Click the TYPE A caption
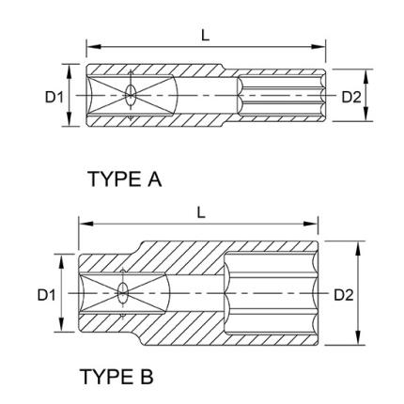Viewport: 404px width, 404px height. click(124, 179)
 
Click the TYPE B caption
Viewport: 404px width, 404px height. click(117, 377)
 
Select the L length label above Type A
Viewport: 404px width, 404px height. click(206, 36)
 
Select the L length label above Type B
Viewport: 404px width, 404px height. click(200, 212)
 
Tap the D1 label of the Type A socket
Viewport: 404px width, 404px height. click(54, 96)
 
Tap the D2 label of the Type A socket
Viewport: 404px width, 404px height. click(350, 96)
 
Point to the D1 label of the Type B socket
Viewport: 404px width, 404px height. click(46, 294)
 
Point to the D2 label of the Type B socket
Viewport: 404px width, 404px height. click(344, 294)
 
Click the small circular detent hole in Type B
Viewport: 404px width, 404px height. click(122, 293)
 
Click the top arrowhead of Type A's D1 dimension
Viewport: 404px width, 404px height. click(70, 69)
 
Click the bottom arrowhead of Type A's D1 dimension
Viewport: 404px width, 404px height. click(70, 122)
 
